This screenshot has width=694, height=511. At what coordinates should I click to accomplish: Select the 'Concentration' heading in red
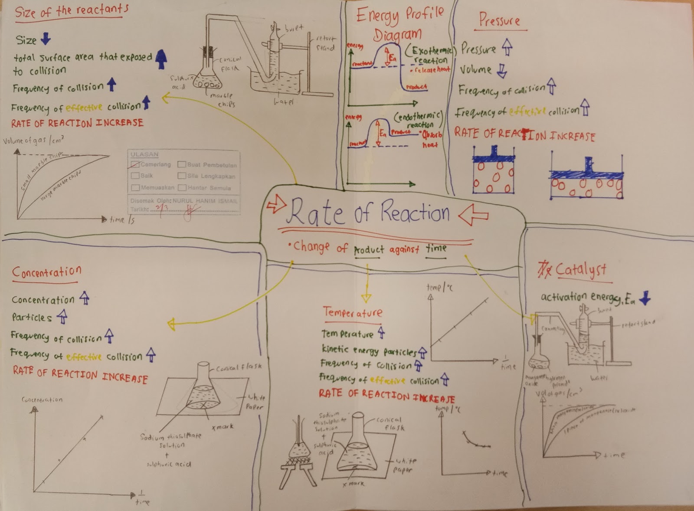click(46, 272)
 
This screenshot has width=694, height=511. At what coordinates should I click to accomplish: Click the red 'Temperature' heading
click(353, 312)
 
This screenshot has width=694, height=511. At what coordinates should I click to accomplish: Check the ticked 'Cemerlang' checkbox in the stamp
click(135, 164)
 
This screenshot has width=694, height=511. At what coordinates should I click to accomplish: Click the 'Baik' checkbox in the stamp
click(135, 176)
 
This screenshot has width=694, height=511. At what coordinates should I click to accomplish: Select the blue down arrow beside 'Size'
click(46, 39)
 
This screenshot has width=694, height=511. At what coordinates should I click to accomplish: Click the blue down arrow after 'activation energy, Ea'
click(645, 298)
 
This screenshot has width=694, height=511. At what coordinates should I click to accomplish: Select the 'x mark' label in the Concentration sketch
click(223, 427)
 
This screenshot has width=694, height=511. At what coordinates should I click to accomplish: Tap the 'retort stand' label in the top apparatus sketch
click(325, 43)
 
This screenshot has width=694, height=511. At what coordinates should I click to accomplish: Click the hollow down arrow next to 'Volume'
click(502, 70)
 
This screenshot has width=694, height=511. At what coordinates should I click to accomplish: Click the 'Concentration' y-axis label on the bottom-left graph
click(42, 400)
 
